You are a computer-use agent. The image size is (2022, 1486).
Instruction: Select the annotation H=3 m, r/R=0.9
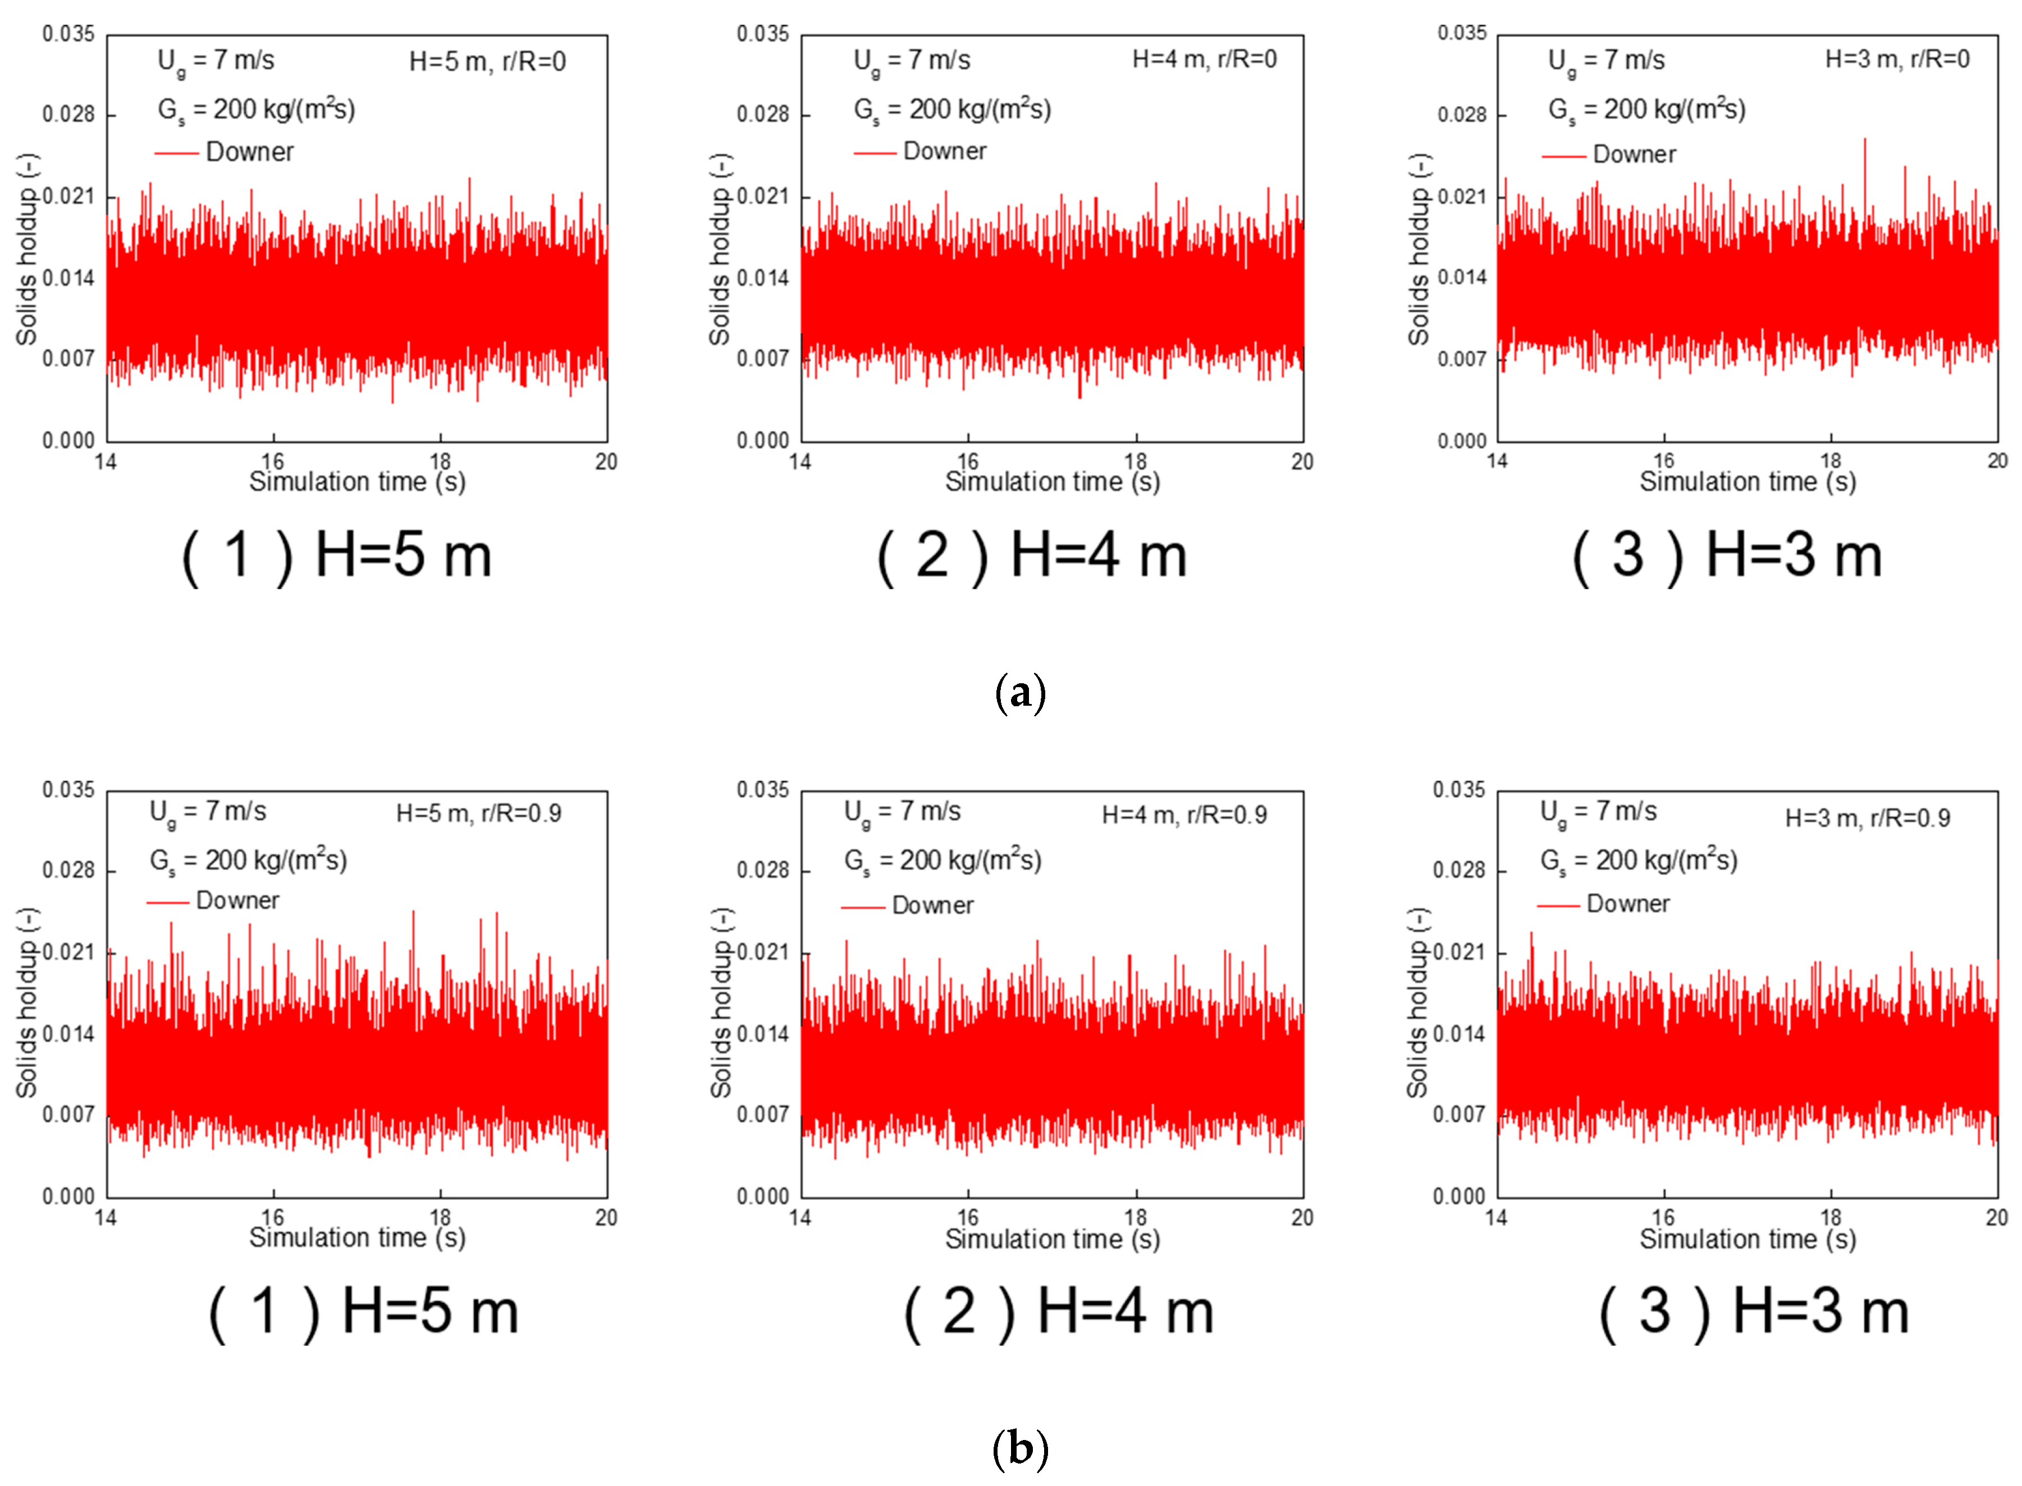1867,818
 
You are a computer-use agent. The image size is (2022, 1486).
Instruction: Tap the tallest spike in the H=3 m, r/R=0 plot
1864,140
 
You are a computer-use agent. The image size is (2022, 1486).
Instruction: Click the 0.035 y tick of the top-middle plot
762,34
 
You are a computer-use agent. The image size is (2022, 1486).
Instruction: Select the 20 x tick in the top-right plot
1997,461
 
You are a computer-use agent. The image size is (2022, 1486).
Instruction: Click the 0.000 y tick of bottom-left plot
68,1197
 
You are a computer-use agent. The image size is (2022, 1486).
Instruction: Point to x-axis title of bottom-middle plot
1052,1239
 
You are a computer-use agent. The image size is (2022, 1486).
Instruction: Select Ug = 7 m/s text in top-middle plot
912,60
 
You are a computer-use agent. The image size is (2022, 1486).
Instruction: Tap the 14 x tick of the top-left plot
106,462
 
